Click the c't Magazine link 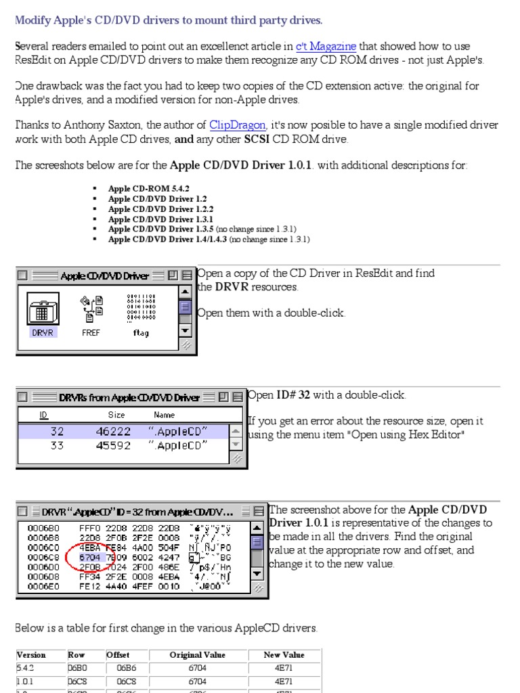326,46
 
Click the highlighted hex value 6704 91,557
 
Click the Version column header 31,654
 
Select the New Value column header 284,654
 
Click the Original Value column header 197,654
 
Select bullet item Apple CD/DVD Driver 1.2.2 160,209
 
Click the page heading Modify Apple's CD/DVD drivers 169,20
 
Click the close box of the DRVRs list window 23,397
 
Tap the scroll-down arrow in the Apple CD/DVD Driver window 185,331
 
